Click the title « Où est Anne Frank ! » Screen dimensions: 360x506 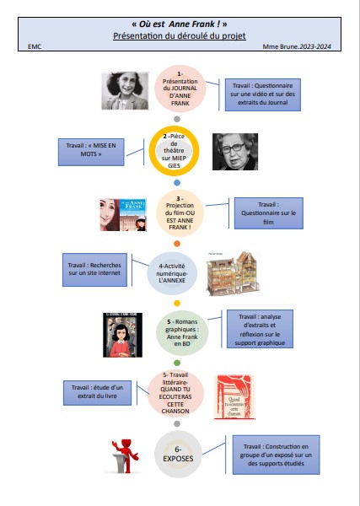click(180, 24)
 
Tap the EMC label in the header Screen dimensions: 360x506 click(35, 46)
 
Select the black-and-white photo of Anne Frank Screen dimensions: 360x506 click(125, 91)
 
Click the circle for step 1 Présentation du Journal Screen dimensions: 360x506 click(180, 89)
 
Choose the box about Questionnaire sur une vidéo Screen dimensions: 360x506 click(262, 94)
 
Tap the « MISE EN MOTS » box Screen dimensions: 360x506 click(91, 152)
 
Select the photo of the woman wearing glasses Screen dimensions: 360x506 click(235, 152)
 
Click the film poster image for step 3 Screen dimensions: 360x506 click(123, 215)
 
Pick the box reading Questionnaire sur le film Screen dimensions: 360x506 click(268, 213)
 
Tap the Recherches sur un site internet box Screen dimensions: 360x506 click(94, 270)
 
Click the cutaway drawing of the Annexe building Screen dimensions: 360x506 click(233, 273)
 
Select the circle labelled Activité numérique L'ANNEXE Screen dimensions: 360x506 click(172, 273)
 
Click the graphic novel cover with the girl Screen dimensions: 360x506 click(122, 335)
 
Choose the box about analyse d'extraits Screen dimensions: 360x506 click(260, 329)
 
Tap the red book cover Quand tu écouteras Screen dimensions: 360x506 click(234, 397)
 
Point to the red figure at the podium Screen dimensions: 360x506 click(125, 455)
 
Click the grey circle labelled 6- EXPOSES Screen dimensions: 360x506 click(178, 454)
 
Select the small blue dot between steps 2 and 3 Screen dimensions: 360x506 click(177, 183)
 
